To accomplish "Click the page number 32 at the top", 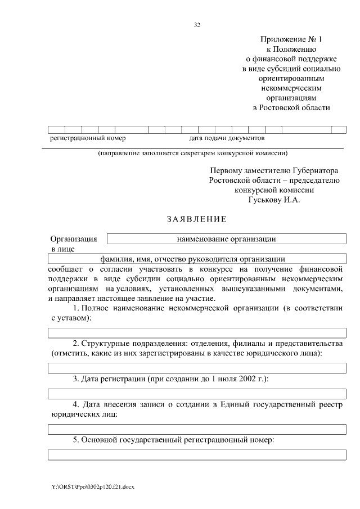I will pyautogui.click(x=197, y=25).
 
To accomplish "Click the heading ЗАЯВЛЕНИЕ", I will pyautogui.click(x=196, y=218).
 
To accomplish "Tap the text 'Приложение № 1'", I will pyautogui.click(x=292, y=39).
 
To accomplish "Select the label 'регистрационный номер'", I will pyautogui.click(x=88, y=138).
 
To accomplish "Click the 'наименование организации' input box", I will pyautogui.click(x=226, y=238).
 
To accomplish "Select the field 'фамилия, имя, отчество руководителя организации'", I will pyautogui.click(x=197, y=259).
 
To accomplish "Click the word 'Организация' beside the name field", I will pyautogui.click(x=74, y=239).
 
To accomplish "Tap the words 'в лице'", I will pyautogui.click(x=62, y=249).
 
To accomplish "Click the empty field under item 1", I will pyautogui.click(x=197, y=333).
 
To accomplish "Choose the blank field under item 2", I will pyautogui.click(x=197, y=368).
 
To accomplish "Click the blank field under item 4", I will pyautogui.click(x=197, y=429).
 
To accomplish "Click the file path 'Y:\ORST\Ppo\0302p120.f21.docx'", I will pyautogui.click(x=93, y=485).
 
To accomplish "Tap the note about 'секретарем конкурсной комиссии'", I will pyautogui.click(x=193, y=152).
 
